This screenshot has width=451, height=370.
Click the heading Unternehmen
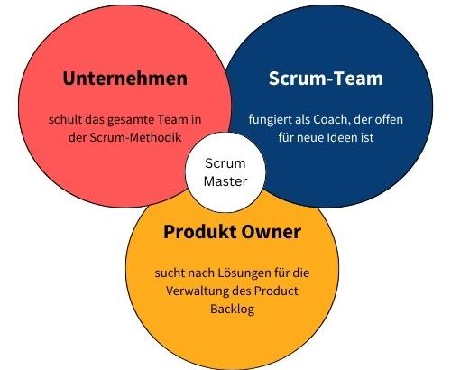[125, 79]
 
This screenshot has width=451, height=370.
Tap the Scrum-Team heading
[326, 79]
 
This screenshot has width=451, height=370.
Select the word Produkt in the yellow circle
[199, 232]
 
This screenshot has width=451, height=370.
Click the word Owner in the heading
[272, 232]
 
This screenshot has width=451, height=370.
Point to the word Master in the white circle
[225, 181]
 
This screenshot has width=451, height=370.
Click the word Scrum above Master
[225, 163]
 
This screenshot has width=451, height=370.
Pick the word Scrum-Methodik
[135, 137]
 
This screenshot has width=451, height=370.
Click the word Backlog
[233, 310]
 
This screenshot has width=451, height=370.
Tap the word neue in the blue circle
[309, 138]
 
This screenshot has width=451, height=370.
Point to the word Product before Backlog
[276, 291]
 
